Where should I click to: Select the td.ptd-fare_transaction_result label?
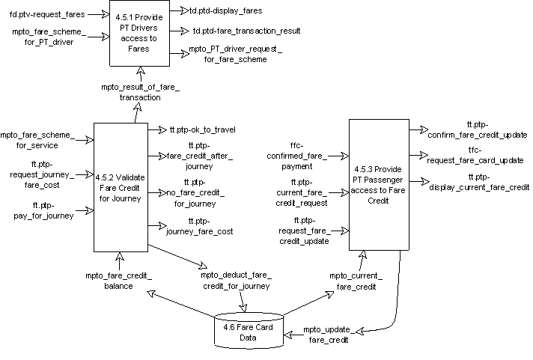click(246, 31)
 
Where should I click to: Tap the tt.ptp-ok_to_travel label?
click(202, 129)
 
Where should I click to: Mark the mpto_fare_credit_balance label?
click(118, 281)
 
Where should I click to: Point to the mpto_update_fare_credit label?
click(329, 335)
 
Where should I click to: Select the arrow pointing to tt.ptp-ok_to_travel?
click(156, 129)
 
